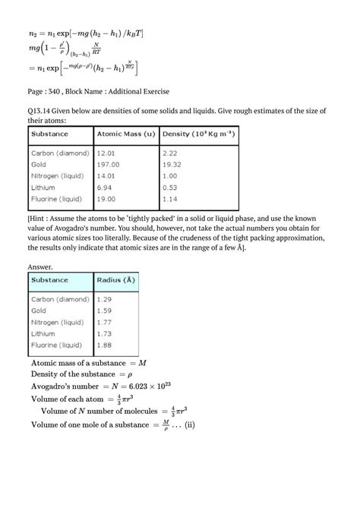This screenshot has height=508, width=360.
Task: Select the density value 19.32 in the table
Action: pyautogui.click(x=173, y=163)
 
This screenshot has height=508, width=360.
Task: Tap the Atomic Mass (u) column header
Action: pyautogui.click(x=126, y=134)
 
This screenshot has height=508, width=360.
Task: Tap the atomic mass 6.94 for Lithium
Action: pyautogui.click(x=104, y=186)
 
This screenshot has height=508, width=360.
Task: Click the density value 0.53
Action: pyautogui.click(x=170, y=186)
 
